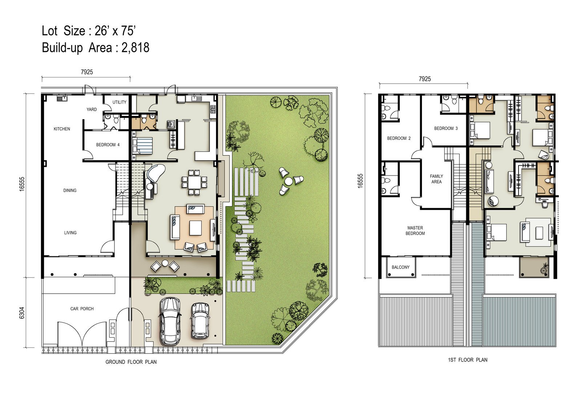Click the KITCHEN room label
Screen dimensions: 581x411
pyautogui.click(x=62, y=129)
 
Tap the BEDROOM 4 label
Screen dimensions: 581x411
pyautogui.click(x=108, y=145)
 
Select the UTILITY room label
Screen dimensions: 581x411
pyautogui.click(x=119, y=102)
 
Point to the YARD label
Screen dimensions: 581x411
pyautogui.click(x=92, y=109)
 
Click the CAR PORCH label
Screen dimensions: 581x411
pyautogui.click(x=82, y=309)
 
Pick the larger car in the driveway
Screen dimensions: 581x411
pyautogui.click(x=170, y=321)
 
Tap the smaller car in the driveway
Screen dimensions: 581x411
pyautogui.click(x=200, y=321)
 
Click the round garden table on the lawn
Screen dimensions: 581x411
pyautogui.click(x=288, y=181)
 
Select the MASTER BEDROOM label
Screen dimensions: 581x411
pyautogui.click(x=415, y=230)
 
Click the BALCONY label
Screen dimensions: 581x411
pyautogui.click(x=401, y=267)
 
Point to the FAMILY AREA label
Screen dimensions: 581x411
pyautogui.click(x=436, y=179)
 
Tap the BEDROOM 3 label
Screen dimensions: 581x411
pyautogui.click(x=446, y=128)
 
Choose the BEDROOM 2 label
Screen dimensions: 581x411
pyautogui.click(x=399, y=138)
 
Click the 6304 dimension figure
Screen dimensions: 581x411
pyautogui.click(x=22, y=313)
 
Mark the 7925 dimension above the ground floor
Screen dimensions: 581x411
pyautogui.click(x=87, y=72)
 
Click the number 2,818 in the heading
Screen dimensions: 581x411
pyautogui.click(x=135, y=48)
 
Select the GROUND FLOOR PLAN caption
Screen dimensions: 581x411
pyautogui.click(x=131, y=362)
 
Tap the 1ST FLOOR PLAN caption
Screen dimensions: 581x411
pyautogui.click(x=468, y=360)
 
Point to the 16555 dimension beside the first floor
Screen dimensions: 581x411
pyautogui.click(x=360, y=181)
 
